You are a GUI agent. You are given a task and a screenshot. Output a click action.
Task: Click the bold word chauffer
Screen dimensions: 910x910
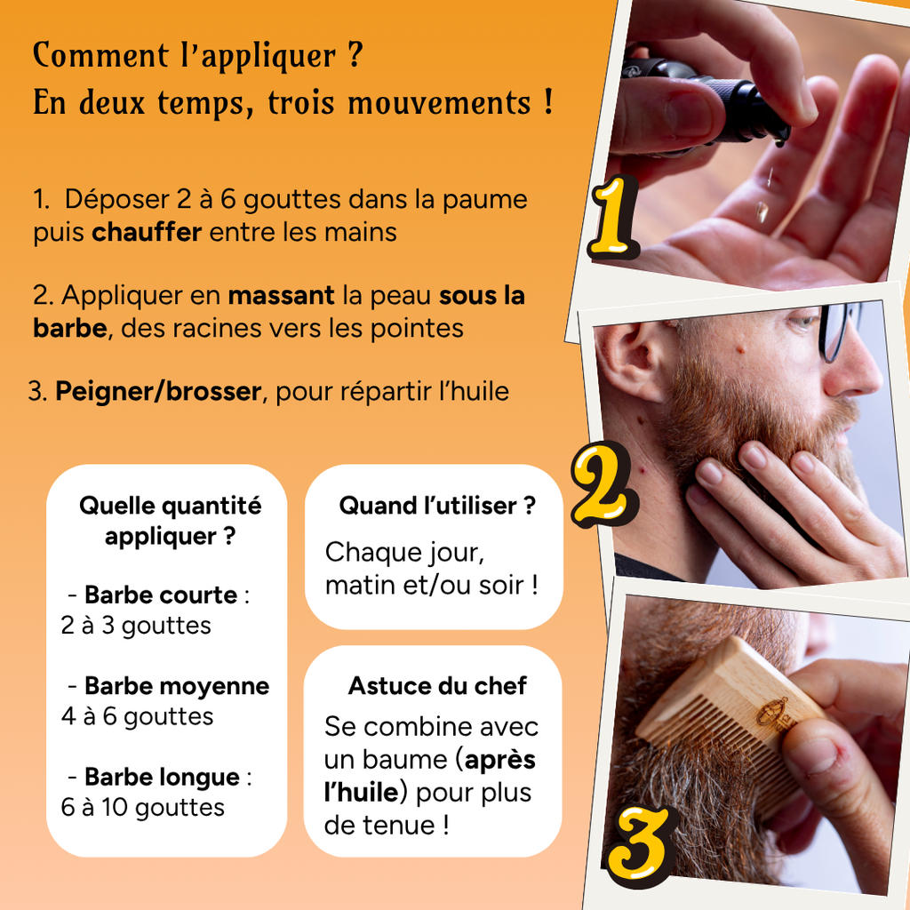[x=147, y=233]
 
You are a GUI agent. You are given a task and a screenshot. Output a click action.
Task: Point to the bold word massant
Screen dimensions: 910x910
[x=281, y=295]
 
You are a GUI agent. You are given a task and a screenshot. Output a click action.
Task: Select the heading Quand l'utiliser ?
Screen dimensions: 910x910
[x=436, y=507]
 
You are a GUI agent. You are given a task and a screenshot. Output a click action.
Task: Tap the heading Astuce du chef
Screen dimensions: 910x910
[x=436, y=686]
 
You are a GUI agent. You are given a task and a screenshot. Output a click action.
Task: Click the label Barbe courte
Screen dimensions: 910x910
[x=160, y=595]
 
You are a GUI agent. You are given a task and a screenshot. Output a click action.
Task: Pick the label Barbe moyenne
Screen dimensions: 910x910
[x=176, y=686]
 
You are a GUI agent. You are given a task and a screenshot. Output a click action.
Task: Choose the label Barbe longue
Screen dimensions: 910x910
[x=161, y=778]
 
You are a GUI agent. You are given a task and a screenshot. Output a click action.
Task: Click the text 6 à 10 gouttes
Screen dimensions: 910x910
[x=142, y=808]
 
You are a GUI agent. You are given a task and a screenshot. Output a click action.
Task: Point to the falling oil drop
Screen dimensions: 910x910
[x=761, y=212]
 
